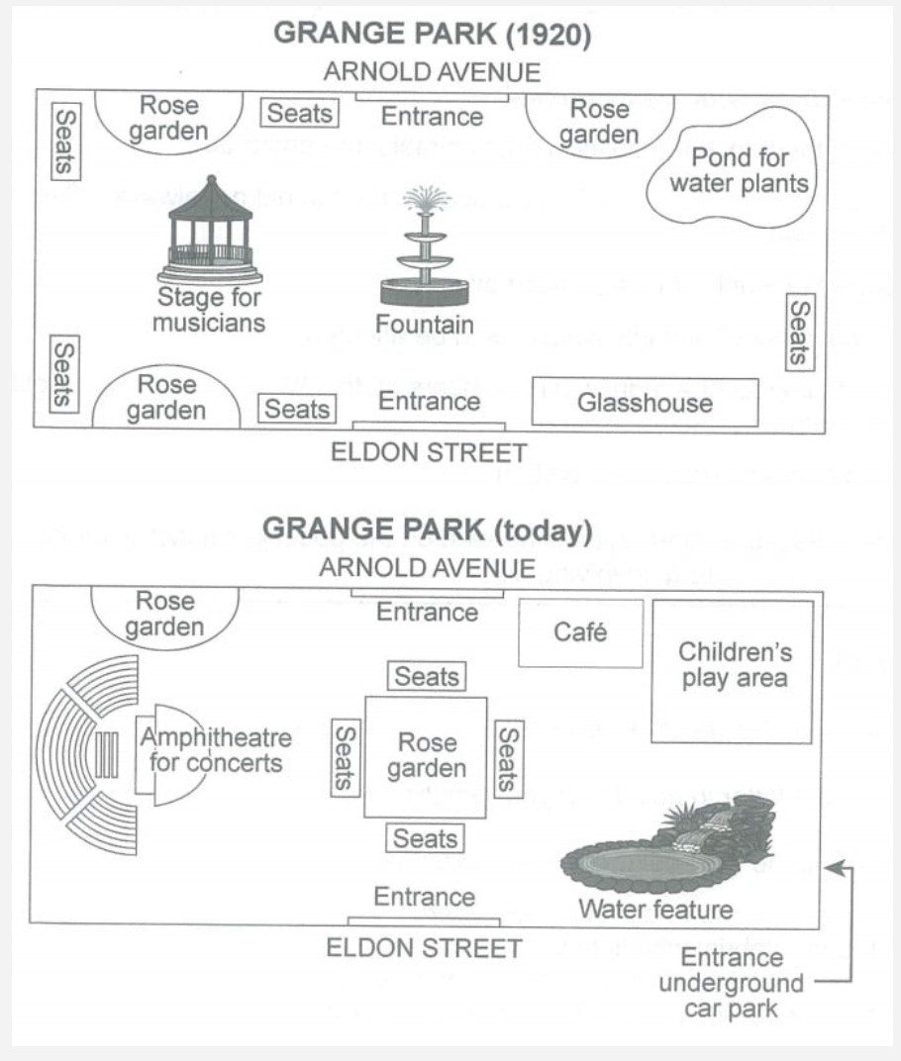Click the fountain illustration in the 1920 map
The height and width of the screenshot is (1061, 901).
tap(425, 247)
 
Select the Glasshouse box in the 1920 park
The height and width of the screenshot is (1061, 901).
tap(645, 402)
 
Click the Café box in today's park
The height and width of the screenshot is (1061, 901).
tap(580, 631)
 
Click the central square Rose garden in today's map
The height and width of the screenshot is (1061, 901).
tap(427, 756)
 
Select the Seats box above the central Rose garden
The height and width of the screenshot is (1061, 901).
tap(426, 677)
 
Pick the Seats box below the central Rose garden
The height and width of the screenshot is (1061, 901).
tap(426, 838)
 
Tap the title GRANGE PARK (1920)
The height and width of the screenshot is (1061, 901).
tap(432, 35)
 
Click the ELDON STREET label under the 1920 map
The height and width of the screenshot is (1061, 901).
tap(428, 453)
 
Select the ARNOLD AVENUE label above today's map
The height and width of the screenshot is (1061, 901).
tap(427, 568)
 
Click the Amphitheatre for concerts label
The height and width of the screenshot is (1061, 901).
tap(216, 750)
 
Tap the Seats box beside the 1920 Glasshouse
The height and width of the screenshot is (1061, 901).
tap(799, 333)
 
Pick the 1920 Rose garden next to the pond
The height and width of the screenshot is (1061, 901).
tap(599, 121)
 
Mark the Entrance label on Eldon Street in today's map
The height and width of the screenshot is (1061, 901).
tap(425, 897)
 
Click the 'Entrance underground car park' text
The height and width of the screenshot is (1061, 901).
tap(731, 984)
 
